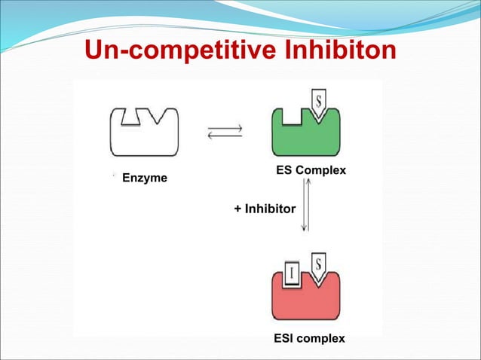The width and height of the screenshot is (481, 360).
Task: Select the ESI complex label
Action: coord(309,338)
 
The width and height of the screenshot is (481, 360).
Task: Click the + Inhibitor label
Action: coord(265,208)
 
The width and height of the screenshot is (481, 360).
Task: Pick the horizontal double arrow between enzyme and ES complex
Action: coord(225,132)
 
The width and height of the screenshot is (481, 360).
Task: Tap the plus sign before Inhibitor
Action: coord(237,208)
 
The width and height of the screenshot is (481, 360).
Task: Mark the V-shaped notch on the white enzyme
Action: coord(159,116)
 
